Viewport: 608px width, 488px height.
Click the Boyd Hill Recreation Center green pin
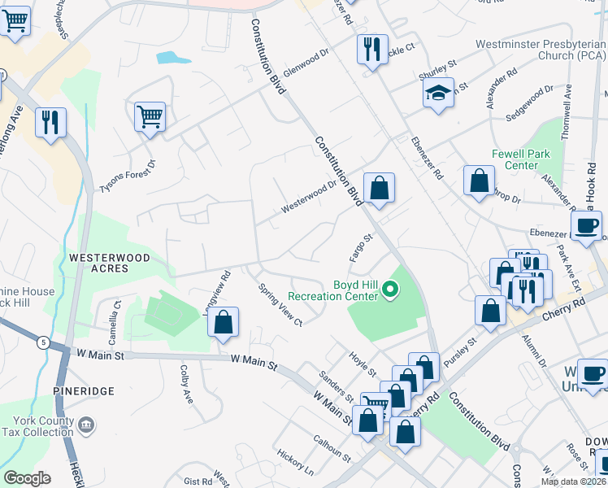point(390,289)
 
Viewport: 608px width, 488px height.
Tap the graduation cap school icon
point(438,93)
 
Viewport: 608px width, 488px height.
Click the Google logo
point(27,478)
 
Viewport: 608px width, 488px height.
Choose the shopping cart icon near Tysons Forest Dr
point(150,117)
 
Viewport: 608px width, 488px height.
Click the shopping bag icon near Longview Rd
point(223,321)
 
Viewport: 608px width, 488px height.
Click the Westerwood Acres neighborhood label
point(98,263)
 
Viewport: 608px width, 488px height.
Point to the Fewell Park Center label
point(521,159)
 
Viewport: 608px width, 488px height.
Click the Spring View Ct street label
point(280,305)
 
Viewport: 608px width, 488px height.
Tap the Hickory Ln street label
point(294,460)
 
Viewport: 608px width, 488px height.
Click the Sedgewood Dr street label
point(530,98)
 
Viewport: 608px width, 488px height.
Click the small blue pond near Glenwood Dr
point(168,58)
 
